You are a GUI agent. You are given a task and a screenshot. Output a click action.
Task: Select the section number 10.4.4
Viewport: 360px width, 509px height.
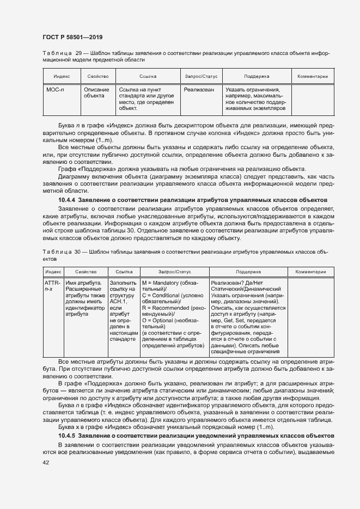[67, 200]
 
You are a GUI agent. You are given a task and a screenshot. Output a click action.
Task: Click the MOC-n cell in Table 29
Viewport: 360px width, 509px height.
[54, 90]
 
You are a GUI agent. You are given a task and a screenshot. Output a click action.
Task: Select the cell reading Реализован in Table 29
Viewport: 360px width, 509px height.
[199, 90]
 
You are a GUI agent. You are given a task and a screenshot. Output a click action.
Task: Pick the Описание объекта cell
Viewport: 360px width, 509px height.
[96, 93]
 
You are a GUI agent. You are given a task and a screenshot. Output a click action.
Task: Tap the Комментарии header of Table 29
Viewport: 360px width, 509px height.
[312, 77]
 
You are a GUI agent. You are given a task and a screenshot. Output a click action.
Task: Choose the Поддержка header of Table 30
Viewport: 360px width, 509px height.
[248, 271]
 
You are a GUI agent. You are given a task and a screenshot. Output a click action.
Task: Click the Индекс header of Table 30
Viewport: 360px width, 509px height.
[53, 271]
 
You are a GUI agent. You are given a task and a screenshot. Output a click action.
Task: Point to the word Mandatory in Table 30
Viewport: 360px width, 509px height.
[165, 283]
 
